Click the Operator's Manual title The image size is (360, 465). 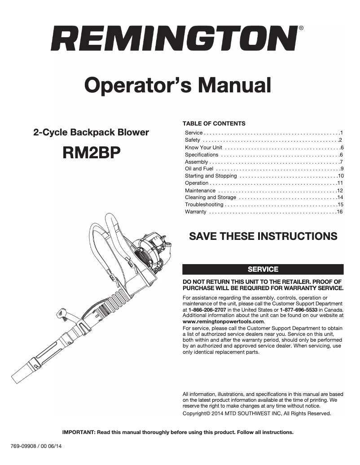(178, 85)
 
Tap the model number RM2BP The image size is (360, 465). (92, 153)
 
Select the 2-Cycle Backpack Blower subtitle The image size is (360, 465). (92, 133)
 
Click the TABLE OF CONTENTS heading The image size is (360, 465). (214, 123)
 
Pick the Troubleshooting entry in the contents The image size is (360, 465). (204, 204)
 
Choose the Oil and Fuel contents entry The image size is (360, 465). (199, 169)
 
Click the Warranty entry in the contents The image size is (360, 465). (195, 212)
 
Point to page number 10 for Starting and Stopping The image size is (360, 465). (340, 176)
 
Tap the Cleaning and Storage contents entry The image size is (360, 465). (210, 197)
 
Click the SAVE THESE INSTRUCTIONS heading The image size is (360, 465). (263, 236)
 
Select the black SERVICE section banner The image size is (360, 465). (263, 269)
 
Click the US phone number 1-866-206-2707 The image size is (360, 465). (207, 310)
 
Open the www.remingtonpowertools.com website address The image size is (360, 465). (224, 322)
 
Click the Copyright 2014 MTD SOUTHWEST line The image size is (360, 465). (256, 413)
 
